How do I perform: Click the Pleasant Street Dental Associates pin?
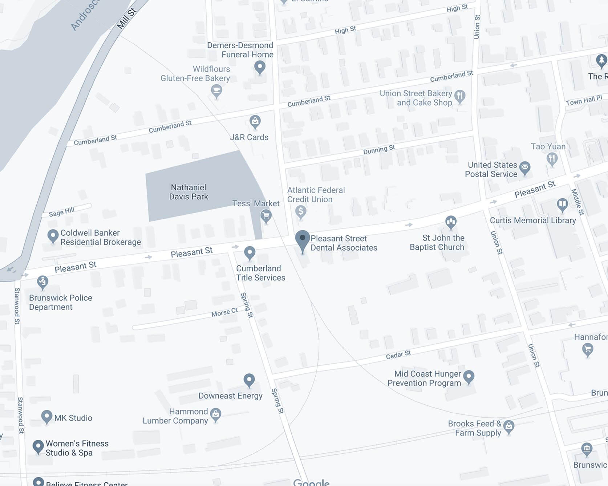[x=302, y=239]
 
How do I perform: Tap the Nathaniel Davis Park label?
[x=189, y=192]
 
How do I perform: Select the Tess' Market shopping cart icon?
[x=266, y=216]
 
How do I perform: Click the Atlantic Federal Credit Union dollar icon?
[x=300, y=211]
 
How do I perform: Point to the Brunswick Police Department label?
[x=60, y=302]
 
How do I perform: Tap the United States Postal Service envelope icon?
[x=524, y=167]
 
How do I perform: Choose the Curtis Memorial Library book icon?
[x=562, y=204]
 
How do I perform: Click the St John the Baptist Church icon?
[x=451, y=221]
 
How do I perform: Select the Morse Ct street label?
[x=224, y=312]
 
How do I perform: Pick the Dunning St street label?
[x=379, y=149]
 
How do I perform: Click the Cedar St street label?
[x=398, y=355]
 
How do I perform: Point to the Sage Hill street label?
[x=62, y=212]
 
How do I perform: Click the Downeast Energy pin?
[x=249, y=380]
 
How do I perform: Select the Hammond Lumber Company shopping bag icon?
[x=216, y=414]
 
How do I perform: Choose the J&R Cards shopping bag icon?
[x=255, y=121]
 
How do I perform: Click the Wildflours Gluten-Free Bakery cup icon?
[x=216, y=90]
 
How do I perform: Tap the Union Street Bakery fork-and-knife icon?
[x=460, y=96]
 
